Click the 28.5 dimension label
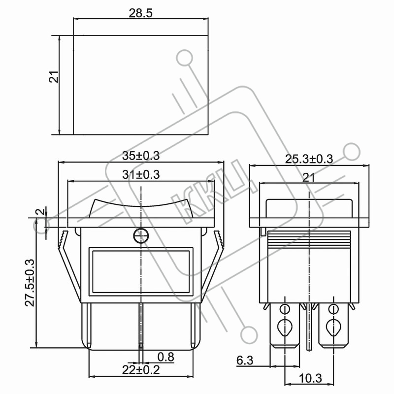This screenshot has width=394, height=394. (x=141, y=13)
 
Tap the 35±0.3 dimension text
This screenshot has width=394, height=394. (x=141, y=156)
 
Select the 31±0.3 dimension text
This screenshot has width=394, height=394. (x=141, y=174)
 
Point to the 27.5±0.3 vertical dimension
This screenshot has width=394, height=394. (x=30, y=283)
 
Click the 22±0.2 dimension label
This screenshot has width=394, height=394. (x=141, y=370)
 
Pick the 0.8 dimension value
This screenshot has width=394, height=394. (x=166, y=357)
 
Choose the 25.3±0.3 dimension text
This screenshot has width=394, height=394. (x=309, y=159)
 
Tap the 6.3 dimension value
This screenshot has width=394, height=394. (x=245, y=361)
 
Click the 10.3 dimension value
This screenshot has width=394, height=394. (x=311, y=378)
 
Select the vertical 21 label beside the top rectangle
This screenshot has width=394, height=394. (x=54, y=77)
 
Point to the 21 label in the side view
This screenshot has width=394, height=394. (x=309, y=178)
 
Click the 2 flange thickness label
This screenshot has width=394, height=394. (x=40, y=212)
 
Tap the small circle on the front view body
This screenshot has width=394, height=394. (x=141, y=236)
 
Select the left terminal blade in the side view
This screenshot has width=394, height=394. (x=285, y=326)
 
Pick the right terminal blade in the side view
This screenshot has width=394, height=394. (x=333, y=326)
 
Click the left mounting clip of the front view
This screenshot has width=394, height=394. (x=69, y=266)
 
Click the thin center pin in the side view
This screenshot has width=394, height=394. (x=309, y=327)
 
